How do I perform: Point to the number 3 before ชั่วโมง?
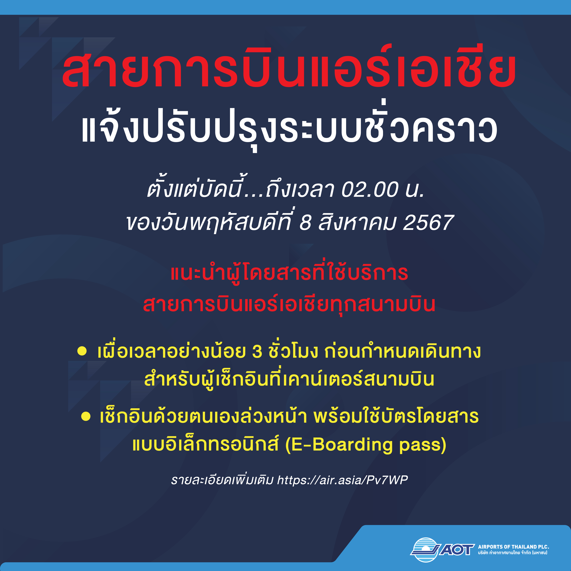pyautogui.click(x=257, y=352)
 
